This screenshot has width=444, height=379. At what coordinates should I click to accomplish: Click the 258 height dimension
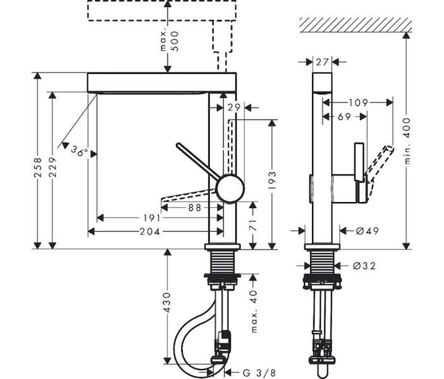(x=38, y=167)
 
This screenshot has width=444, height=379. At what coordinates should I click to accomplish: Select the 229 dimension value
(x=52, y=167)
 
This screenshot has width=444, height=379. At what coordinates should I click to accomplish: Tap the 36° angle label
(x=80, y=151)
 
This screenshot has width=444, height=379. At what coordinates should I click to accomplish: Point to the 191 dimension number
(x=152, y=218)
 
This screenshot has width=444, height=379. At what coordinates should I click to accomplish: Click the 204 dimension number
(x=150, y=232)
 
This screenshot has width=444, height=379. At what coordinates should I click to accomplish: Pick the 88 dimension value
(x=195, y=208)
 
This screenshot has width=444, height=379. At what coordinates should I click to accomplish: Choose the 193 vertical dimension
(x=272, y=181)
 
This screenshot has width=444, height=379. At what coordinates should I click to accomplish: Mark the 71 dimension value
(x=253, y=224)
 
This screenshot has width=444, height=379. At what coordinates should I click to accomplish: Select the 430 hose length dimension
(x=167, y=303)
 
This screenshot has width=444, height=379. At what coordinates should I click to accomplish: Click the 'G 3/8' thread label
(x=259, y=373)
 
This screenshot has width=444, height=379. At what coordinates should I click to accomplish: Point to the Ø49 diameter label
(x=367, y=231)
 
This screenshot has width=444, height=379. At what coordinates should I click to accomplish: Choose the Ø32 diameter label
(x=364, y=266)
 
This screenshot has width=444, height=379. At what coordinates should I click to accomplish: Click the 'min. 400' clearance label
(x=407, y=141)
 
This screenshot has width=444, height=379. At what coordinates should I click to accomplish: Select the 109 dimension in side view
(x=358, y=102)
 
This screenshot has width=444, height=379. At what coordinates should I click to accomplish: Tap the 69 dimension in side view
(x=344, y=116)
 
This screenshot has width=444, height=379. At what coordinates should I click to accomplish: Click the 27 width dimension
(x=322, y=62)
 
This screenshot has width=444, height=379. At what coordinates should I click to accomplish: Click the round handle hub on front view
(x=230, y=189)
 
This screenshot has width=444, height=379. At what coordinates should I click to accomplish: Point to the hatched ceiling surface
(x=356, y=25)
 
